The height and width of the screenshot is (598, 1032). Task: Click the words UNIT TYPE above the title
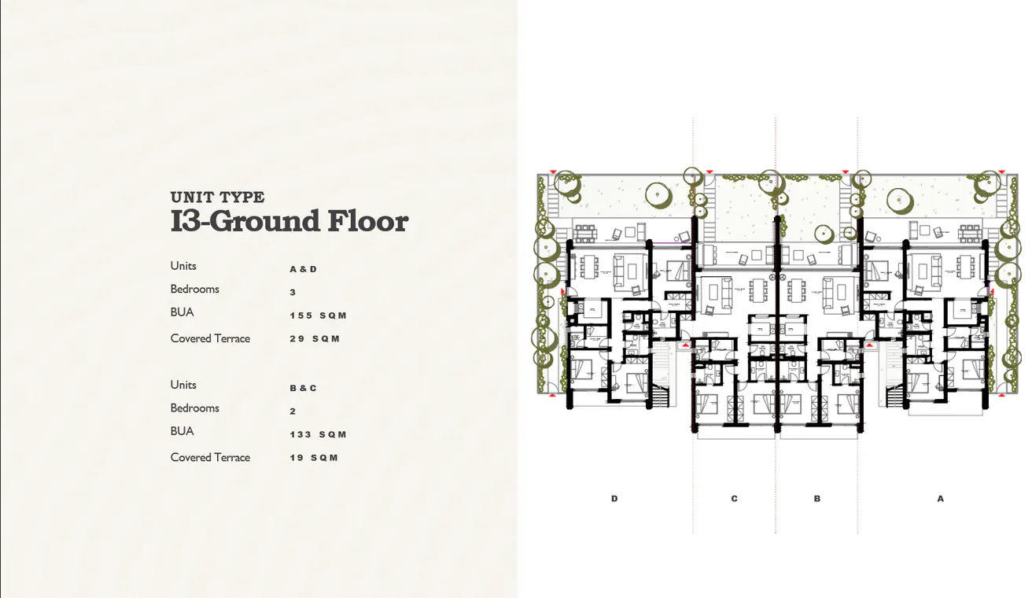(x=217, y=197)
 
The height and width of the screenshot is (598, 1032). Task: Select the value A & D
(x=303, y=269)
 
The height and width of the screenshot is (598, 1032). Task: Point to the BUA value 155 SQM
(x=318, y=316)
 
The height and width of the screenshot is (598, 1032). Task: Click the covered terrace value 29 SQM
(x=315, y=339)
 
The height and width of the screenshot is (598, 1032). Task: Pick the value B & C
(x=303, y=388)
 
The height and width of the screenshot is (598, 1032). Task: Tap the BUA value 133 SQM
(x=318, y=434)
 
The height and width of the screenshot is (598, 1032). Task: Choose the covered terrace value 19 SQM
(x=314, y=458)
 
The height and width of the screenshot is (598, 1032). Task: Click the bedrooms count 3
(x=293, y=293)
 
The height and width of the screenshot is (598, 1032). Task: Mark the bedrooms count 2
(x=293, y=412)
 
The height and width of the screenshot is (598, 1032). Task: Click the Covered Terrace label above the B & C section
(x=210, y=338)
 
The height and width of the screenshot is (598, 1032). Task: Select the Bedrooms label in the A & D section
(x=194, y=289)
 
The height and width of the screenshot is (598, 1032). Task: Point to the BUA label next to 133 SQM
(x=182, y=431)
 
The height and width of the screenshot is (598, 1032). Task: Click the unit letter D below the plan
(x=614, y=499)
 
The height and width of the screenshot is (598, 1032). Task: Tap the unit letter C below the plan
(x=734, y=499)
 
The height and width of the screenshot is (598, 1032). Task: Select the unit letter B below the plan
(x=817, y=499)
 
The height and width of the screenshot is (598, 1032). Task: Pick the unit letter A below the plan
(x=940, y=499)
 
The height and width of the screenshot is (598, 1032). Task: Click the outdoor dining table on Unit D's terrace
(x=586, y=232)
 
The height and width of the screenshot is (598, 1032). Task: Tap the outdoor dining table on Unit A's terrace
(x=967, y=232)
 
